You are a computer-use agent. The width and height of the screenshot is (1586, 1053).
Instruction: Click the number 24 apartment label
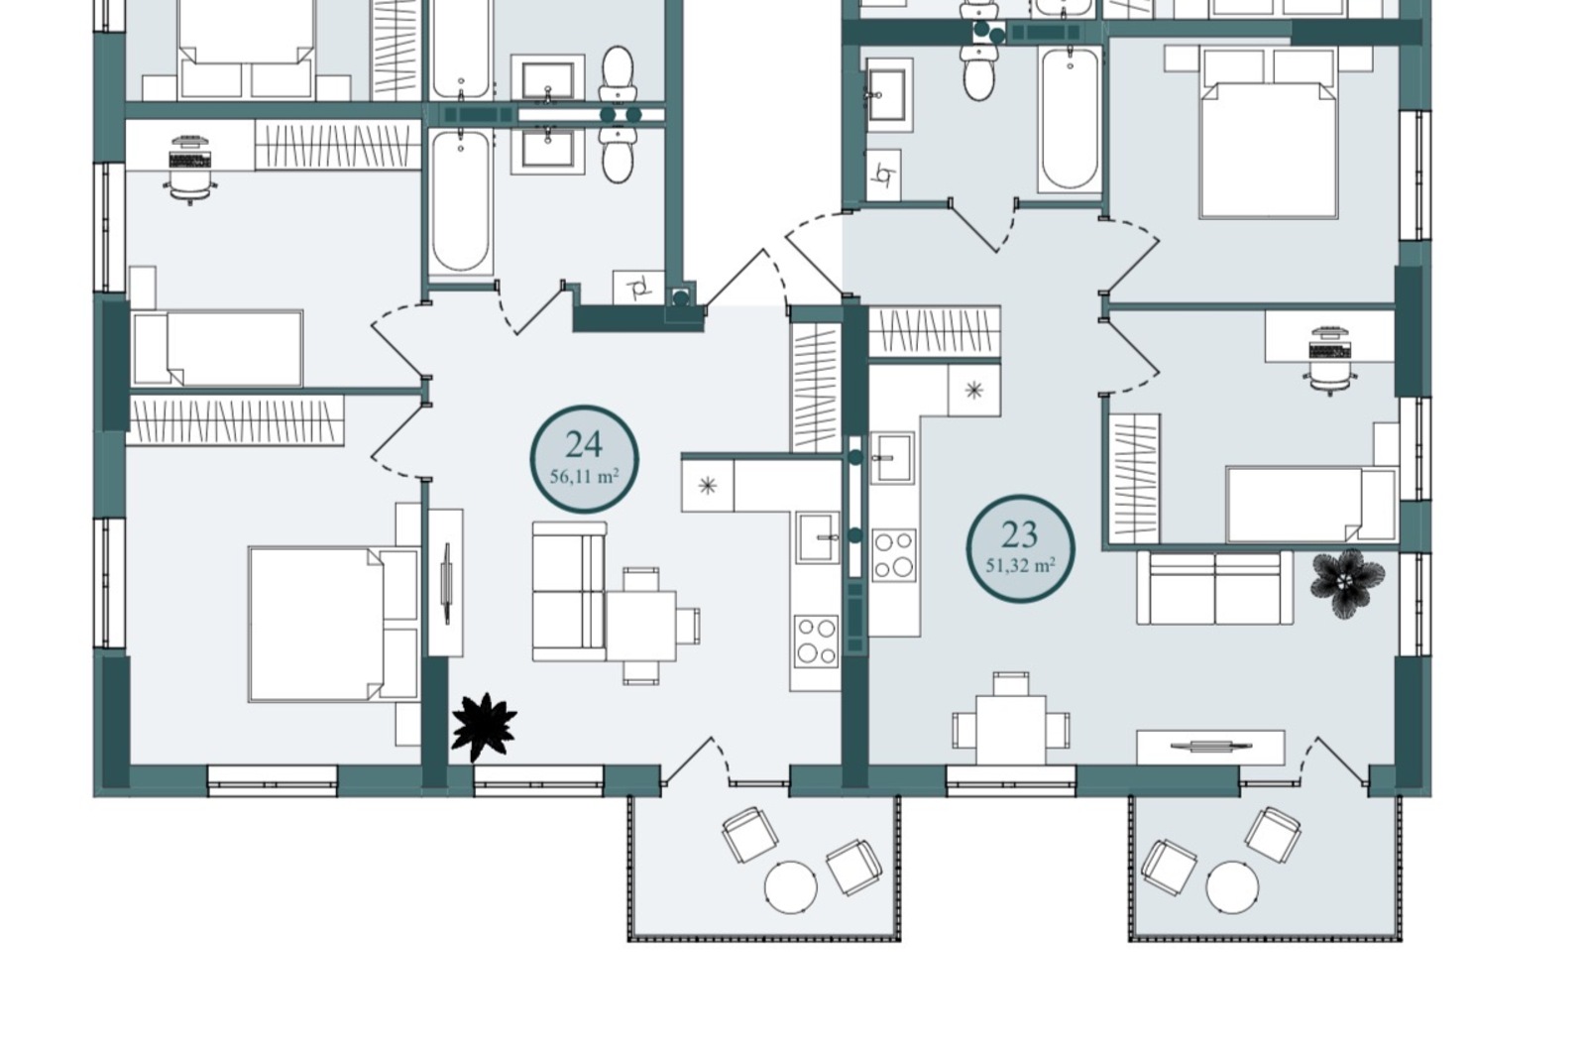(584, 445)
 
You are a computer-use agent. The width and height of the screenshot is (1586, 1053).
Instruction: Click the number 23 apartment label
(1020, 534)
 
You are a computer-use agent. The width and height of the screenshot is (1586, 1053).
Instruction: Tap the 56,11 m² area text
(584, 477)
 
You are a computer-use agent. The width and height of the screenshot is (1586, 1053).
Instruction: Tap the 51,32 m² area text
(1020, 566)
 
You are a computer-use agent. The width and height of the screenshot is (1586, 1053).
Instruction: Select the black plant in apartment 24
(485, 727)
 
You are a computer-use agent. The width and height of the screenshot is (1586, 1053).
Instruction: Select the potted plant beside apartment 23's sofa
(1347, 583)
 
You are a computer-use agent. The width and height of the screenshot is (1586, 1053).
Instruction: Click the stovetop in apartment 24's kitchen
(816, 642)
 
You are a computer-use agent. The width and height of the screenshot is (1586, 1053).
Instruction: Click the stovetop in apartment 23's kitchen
(893, 555)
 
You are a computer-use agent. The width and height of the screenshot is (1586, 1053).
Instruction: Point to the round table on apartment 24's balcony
(791, 887)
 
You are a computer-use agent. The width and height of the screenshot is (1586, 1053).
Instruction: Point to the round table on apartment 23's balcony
(1233, 887)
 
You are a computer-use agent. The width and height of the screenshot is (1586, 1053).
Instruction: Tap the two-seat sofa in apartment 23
(1215, 588)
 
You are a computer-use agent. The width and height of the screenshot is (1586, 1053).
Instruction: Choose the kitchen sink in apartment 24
(817, 537)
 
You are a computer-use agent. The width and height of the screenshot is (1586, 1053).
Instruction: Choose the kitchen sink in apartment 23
(892, 457)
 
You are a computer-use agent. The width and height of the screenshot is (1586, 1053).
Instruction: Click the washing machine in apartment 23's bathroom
(883, 175)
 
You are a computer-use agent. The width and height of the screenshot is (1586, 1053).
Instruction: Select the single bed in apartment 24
(217, 348)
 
